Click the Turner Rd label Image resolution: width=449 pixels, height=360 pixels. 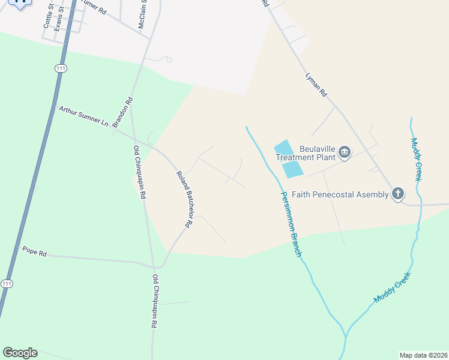(x=94, y=9)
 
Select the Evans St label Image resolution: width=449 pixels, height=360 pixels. (x=58, y=20)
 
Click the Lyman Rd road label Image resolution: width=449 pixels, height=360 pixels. (x=316, y=85)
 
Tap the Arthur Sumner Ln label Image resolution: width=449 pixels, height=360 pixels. (x=83, y=116)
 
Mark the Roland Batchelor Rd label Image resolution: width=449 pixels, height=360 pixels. (x=184, y=199)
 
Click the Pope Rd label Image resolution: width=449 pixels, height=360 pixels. (x=34, y=253)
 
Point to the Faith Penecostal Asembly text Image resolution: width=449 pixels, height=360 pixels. (x=340, y=194)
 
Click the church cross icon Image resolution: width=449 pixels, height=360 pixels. (x=397, y=194)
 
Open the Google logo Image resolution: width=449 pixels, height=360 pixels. (x=20, y=353)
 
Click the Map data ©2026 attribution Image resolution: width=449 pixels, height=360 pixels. (x=423, y=355)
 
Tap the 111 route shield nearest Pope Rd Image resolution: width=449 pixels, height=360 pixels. (x=7, y=283)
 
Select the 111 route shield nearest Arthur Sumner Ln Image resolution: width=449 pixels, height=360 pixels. (x=60, y=69)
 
